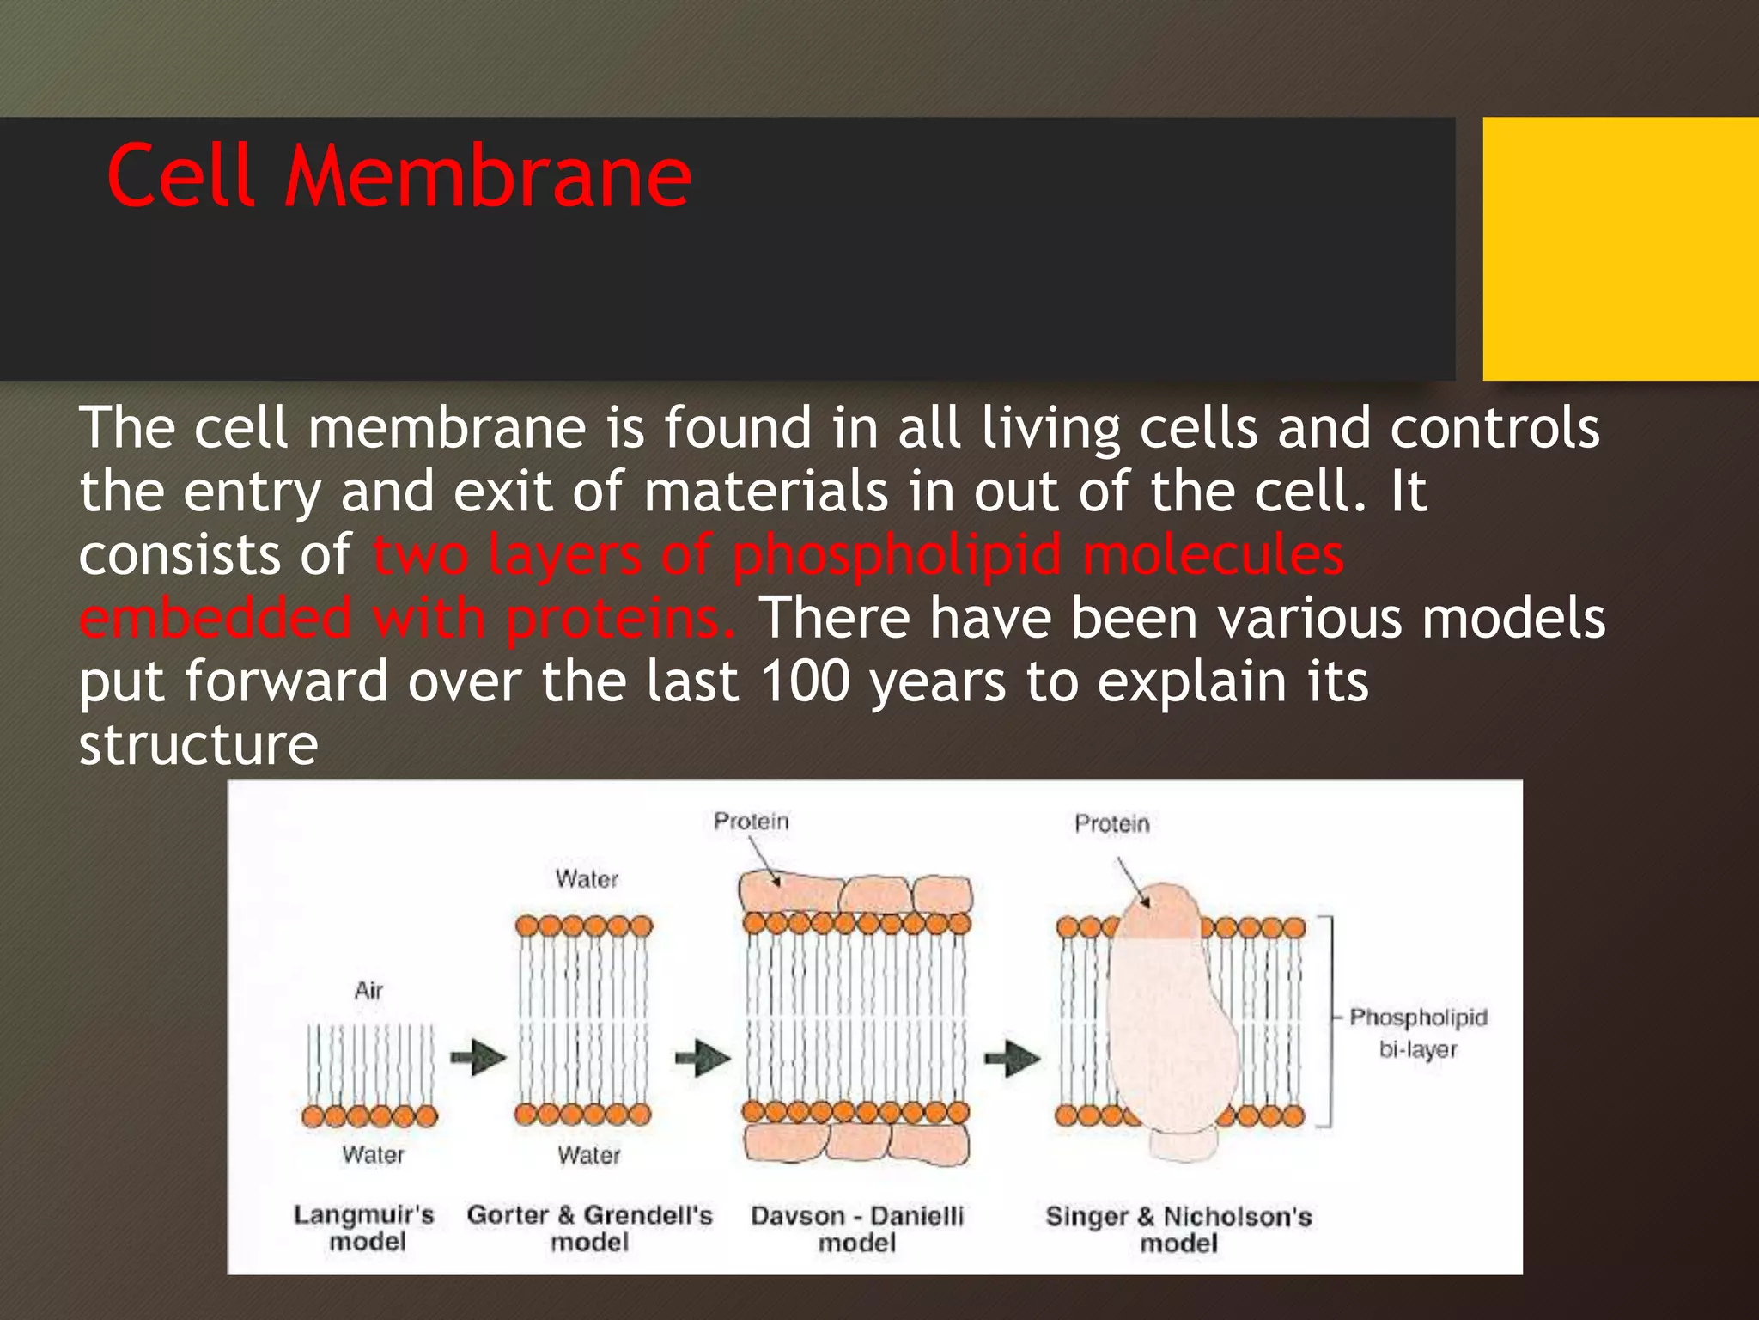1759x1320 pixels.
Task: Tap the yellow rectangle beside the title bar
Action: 1620,249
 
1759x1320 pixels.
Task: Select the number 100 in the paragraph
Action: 805,681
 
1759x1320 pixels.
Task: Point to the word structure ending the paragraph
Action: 198,745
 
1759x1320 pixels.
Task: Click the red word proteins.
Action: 620,619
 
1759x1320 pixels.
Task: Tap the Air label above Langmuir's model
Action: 368,991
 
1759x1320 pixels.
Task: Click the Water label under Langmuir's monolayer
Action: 373,1154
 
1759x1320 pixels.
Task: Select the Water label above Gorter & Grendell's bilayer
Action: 587,879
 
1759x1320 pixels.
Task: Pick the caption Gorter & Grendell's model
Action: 589,1228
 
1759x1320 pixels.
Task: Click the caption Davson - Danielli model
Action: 857,1229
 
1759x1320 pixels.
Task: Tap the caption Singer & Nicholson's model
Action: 1178,1230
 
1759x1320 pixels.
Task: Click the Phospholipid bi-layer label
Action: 1418,1033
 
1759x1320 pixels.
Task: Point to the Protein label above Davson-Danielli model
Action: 751,822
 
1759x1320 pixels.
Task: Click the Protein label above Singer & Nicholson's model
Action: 1111,824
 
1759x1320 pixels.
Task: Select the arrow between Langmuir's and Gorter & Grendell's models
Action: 478,1058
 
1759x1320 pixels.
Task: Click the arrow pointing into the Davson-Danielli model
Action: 703,1058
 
